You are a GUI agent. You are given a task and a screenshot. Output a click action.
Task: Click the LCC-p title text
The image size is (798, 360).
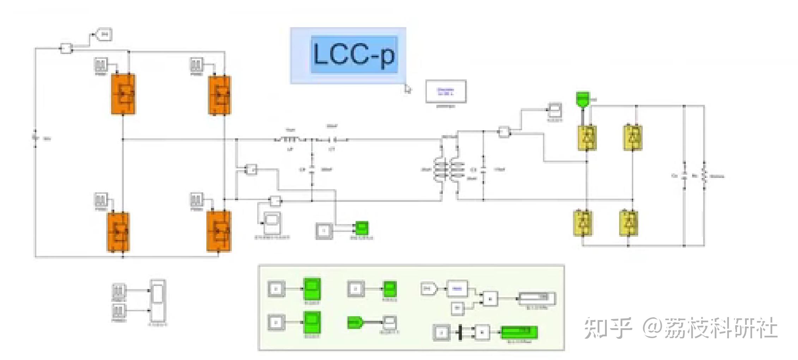pos(354,55)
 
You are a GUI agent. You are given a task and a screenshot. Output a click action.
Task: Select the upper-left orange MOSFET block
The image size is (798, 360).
pos(123,94)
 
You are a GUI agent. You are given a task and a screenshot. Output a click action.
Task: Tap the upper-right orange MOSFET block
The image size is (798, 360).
pos(220,95)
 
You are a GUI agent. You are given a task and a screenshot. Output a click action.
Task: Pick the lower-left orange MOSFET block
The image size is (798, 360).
pos(118,232)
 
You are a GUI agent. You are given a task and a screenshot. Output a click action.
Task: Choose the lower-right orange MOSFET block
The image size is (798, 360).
pos(219,231)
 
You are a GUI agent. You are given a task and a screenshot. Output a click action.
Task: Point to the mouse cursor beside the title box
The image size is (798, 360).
pos(407,89)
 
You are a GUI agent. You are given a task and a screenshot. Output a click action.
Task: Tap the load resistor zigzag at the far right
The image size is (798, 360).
pos(704,175)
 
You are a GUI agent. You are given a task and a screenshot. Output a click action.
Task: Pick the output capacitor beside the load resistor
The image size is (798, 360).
pos(684,175)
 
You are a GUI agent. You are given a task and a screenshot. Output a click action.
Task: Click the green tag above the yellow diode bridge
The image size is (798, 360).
pos(583,98)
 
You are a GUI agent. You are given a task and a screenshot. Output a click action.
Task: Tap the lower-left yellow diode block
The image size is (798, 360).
pos(583,223)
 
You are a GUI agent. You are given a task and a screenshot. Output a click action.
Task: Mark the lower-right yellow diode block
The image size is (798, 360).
pos(629,223)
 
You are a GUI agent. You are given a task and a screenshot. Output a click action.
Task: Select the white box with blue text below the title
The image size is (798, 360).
pos(446,91)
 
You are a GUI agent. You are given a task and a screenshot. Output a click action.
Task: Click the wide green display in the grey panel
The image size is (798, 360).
pos(519,332)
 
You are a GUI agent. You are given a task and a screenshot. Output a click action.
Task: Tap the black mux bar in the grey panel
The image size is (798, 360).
pos(460,332)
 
